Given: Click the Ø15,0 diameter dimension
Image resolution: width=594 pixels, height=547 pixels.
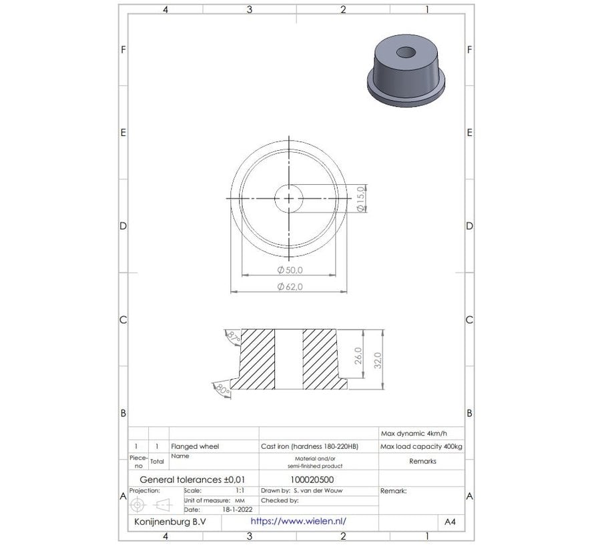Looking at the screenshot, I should [x=360, y=199].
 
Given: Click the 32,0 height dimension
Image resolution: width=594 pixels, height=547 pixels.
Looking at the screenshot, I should [x=378, y=360].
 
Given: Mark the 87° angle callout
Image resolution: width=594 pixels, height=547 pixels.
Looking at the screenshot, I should [x=233, y=337].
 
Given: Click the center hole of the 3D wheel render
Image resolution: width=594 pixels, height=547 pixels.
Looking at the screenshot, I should [x=404, y=53].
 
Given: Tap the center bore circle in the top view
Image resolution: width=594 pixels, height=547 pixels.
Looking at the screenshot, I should [x=288, y=198].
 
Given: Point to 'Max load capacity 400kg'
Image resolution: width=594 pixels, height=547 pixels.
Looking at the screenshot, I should [x=420, y=446].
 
